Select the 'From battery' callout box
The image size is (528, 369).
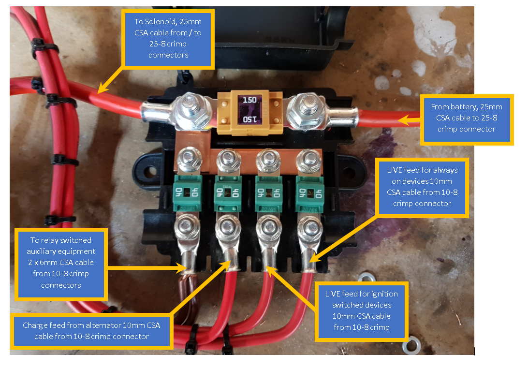(467, 118)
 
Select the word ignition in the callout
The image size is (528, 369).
(383, 294)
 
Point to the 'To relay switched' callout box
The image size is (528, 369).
(61, 262)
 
